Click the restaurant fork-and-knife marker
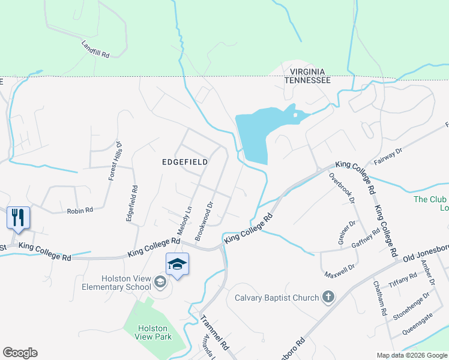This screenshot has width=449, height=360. (x=18, y=217)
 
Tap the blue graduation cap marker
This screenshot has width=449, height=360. (x=178, y=264)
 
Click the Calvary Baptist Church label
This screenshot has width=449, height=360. (x=276, y=296)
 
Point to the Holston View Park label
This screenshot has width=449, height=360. (x=155, y=332)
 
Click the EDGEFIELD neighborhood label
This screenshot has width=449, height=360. (x=185, y=162)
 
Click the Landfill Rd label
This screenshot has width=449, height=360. (x=95, y=49)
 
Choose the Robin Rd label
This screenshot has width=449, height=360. (x=80, y=211)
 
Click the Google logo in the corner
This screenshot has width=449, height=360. (x=20, y=353)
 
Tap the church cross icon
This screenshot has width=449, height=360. (x=328, y=296)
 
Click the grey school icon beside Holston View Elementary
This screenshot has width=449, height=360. (x=160, y=281)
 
